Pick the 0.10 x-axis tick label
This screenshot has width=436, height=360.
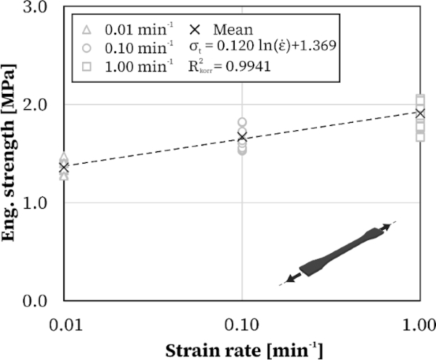[x=241, y=319]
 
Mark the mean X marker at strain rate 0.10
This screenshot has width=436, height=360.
[x=242, y=137]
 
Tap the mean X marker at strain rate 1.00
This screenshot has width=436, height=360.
[x=419, y=113]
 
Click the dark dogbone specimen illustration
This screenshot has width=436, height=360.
[x=339, y=255]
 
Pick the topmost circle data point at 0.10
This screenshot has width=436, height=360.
[x=242, y=122]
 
